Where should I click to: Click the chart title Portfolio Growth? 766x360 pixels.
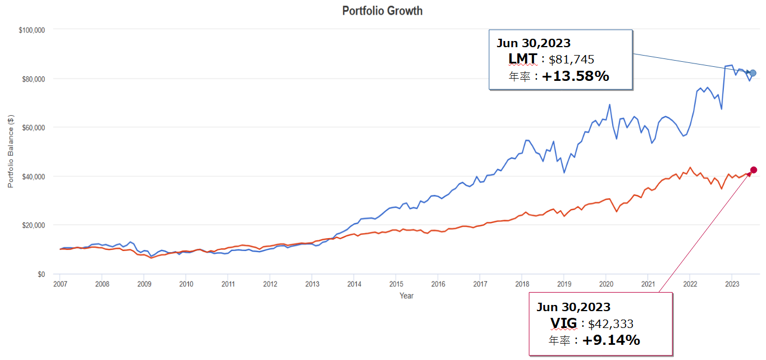point(382,11)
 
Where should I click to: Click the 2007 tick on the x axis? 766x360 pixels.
point(60,284)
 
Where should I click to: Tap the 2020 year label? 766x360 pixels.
point(606,284)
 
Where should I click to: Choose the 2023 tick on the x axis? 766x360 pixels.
point(732,284)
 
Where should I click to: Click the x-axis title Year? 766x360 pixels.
point(407,295)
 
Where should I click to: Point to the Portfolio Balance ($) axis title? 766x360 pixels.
point(11,151)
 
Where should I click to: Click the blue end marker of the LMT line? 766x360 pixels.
point(753,73)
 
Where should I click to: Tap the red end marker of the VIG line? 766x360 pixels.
point(754,170)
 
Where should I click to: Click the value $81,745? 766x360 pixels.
point(571,60)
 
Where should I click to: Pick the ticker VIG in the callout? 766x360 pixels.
point(563,323)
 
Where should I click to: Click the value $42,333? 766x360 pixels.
point(610,323)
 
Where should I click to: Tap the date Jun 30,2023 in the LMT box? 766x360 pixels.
point(533,43)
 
